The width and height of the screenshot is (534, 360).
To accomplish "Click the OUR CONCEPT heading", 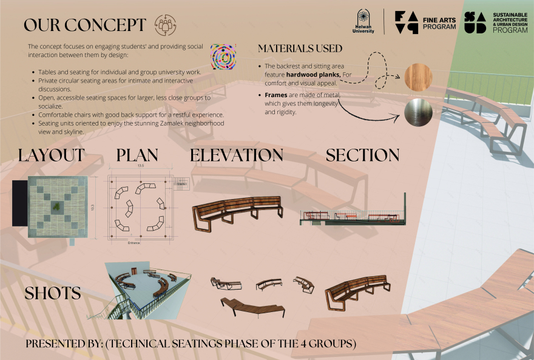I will pos(85,25).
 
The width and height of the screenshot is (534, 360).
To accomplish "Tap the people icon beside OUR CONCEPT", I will pos(166,25).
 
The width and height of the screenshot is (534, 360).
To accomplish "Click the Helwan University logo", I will pos(362,22).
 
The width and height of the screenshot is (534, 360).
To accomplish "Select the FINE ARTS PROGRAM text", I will pos(439,23).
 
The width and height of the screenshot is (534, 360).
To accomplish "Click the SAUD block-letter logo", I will pos(475,22).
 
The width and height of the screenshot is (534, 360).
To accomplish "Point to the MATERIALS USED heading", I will pos(300,48).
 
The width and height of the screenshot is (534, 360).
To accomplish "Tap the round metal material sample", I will pos(418,112).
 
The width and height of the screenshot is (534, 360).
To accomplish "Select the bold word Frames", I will pos(277,95).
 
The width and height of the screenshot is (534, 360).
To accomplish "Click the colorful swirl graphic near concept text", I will pos(222,56).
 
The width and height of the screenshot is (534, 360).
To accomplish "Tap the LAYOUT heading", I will pos(52,155).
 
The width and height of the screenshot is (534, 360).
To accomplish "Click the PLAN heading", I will pos(137,155).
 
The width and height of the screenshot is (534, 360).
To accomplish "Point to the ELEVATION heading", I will pos(237,155).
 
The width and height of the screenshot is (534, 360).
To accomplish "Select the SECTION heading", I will pos(362,155).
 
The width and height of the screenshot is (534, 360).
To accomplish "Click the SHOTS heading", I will pos(53,293).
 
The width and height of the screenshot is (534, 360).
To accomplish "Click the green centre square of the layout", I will pos(56,207).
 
